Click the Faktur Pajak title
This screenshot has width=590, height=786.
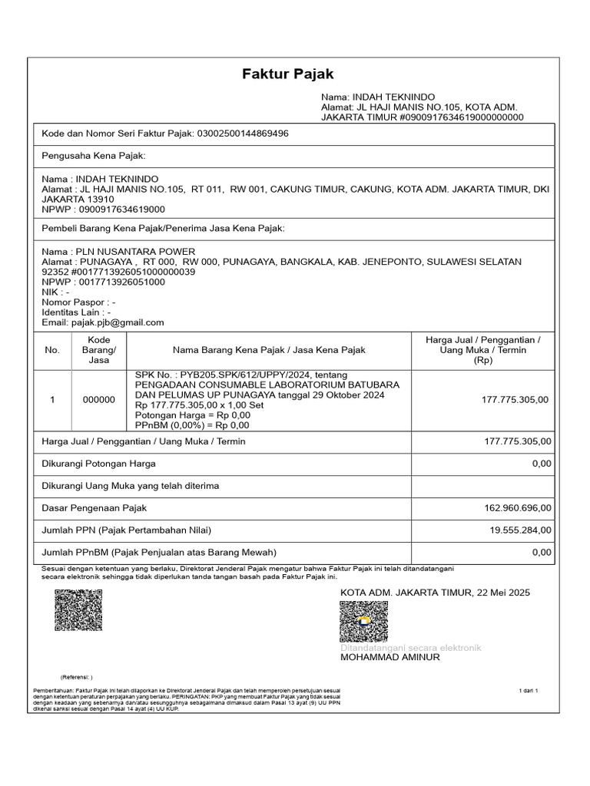tap(288, 74)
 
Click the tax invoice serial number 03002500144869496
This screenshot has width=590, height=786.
tap(243, 134)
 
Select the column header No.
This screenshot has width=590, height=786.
tap(52, 350)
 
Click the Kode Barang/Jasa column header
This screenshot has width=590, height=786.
tap(98, 350)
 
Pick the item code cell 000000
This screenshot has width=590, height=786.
tap(98, 400)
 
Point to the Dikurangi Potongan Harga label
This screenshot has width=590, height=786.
tap(98, 464)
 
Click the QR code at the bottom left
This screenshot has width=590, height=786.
tap(78, 611)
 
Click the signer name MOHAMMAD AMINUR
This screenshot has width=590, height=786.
tap(390, 658)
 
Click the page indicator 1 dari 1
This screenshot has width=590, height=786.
tap(529, 691)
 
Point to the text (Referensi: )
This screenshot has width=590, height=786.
tap(76, 677)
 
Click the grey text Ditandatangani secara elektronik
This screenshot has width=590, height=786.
tap(410, 648)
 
